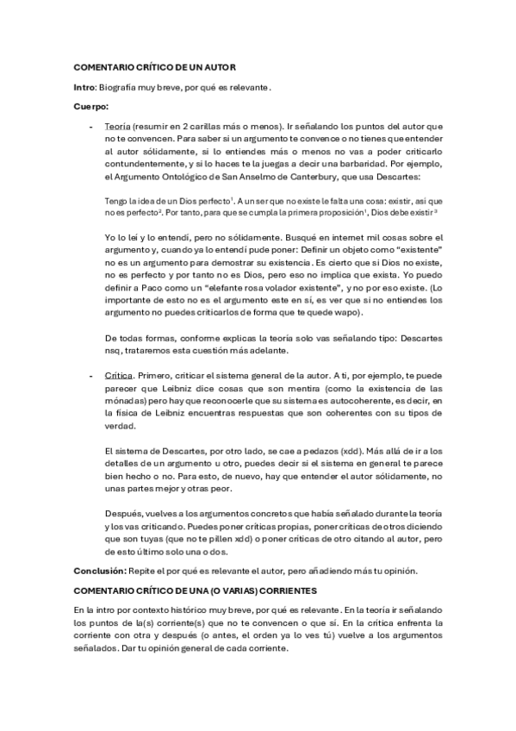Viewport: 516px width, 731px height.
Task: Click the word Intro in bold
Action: tap(84, 87)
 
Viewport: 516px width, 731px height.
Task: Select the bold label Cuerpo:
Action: tap(91, 106)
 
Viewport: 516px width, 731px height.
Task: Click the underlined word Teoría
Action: tap(117, 126)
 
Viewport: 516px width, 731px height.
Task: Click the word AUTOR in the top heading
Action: tap(217, 67)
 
